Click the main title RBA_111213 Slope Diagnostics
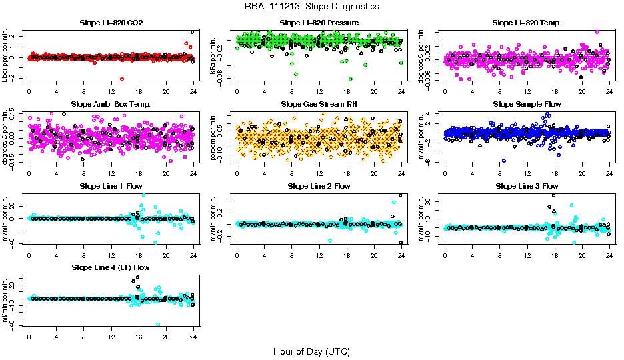[312, 6]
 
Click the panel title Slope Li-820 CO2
[111, 23]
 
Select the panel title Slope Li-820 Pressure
[319, 23]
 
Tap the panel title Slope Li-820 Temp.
[527, 23]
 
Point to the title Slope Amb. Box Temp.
[111, 104]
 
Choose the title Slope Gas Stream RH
[319, 104]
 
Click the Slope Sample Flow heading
[527, 104]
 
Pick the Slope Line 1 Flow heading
[111, 186]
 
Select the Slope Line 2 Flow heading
[319, 186]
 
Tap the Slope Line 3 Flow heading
[527, 186]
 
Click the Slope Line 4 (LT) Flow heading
[111, 267]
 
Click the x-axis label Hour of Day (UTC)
[311, 351]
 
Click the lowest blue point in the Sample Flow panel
[504, 161]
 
